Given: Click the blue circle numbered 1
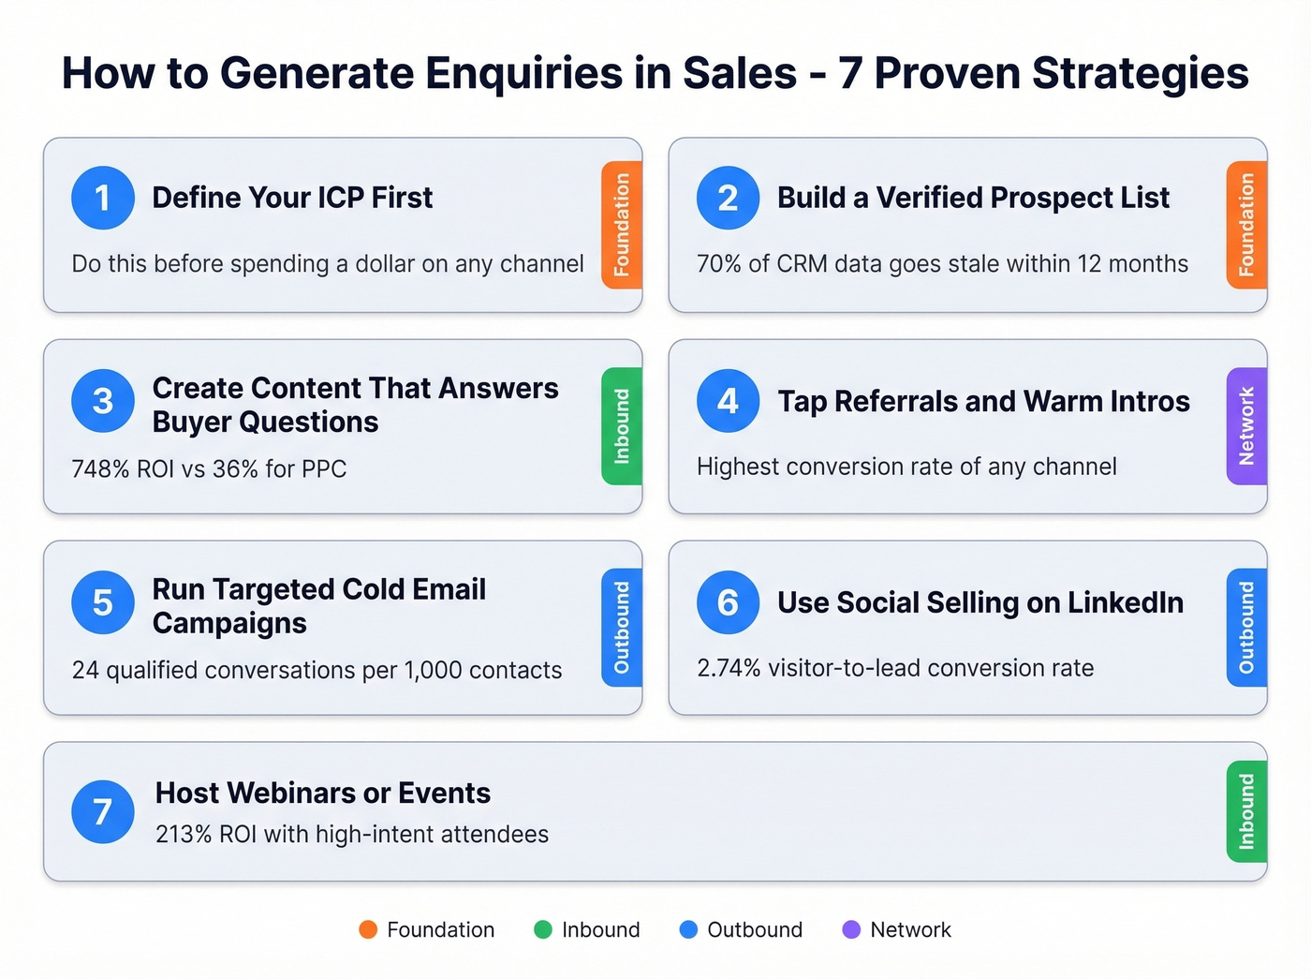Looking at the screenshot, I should coord(103,198).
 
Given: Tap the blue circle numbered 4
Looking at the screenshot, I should coord(728,401).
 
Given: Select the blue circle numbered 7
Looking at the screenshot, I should coord(103,811).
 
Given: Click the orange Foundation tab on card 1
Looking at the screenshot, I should coord(622,225).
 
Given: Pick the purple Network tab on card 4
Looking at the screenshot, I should coord(1246,426).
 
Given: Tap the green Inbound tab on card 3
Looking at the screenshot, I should coord(622,426).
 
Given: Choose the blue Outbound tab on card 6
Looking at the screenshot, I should coord(1246,628).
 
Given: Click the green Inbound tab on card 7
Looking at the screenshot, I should coord(1246,811).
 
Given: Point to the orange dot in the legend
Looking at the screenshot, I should coord(368,929).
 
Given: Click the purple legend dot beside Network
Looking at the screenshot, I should coord(851,929).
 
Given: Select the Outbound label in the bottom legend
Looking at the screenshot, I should coord(755,929).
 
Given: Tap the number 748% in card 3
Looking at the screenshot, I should coord(100,468).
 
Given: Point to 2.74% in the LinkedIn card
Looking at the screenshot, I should coord(729,668).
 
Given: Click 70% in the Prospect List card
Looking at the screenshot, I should coord(718,264).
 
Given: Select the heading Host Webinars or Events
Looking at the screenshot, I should coord(323,793).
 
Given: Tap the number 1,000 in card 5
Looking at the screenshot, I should coord(433,670).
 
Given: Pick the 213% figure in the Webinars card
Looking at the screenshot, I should coord(184,834).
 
